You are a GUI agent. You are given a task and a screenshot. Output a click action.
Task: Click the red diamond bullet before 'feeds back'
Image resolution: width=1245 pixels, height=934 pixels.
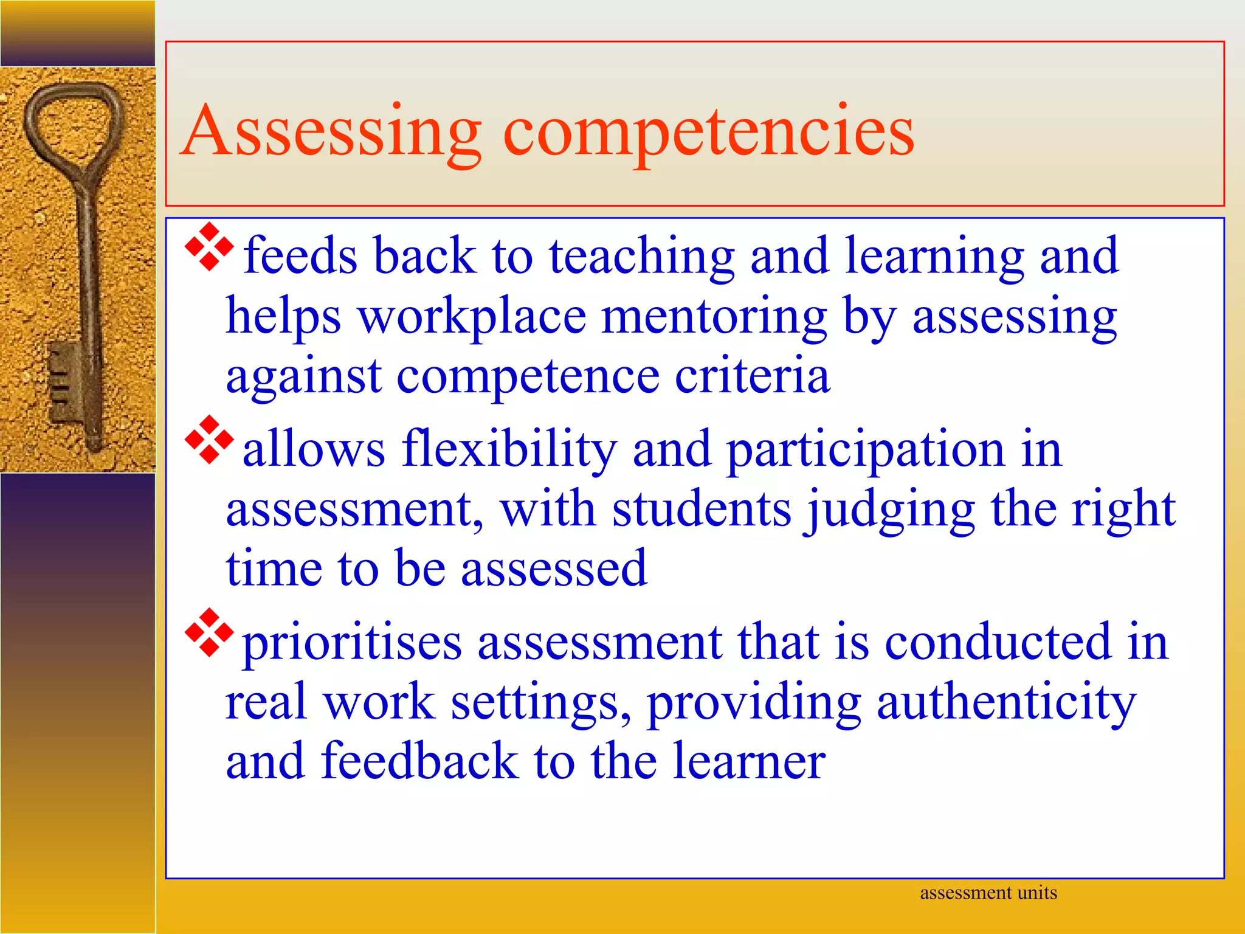(x=209, y=247)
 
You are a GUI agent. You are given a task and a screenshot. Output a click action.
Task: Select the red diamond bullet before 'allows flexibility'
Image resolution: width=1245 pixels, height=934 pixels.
(x=209, y=440)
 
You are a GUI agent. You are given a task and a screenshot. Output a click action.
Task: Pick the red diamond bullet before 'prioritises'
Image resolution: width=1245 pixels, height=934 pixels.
(x=209, y=632)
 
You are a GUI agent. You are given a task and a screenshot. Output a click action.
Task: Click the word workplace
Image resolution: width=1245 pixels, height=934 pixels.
(x=472, y=317)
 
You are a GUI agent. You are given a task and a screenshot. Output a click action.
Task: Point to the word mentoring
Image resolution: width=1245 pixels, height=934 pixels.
(x=714, y=317)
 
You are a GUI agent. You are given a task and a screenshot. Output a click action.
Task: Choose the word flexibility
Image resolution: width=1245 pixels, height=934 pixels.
(x=509, y=449)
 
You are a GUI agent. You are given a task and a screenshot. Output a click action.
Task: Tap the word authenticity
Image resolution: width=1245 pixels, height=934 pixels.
(x=1006, y=703)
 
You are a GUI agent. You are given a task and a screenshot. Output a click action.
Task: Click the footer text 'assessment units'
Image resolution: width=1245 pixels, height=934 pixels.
(x=988, y=893)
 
